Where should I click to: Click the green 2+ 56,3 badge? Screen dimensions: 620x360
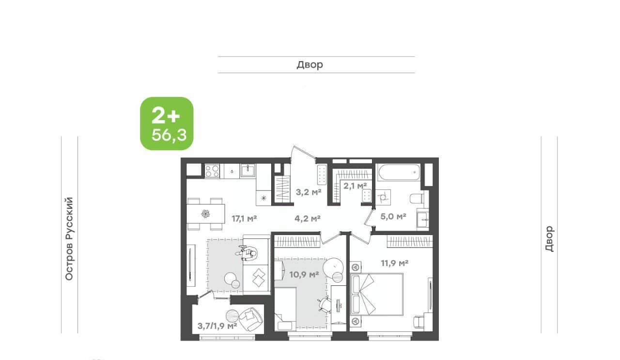(x=167, y=124)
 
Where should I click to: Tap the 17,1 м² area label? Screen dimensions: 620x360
(x=245, y=219)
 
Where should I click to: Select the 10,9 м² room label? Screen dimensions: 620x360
(x=304, y=275)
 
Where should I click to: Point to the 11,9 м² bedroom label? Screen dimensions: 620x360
(x=394, y=263)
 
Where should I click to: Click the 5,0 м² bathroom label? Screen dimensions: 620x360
(x=393, y=216)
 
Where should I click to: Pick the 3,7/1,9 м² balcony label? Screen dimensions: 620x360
(x=217, y=326)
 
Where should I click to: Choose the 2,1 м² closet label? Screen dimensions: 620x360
(x=355, y=186)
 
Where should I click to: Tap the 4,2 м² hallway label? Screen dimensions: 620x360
(x=308, y=219)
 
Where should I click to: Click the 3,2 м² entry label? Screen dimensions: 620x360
(x=309, y=192)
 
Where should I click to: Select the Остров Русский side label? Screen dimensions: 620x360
(x=69, y=239)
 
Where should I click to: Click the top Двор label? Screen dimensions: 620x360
(x=310, y=65)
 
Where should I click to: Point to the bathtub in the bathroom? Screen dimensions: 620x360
(x=399, y=172)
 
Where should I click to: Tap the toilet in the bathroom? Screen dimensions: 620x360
(x=417, y=199)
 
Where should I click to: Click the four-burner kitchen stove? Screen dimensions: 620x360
(x=212, y=171)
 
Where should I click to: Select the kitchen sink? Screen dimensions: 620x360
(x=248, y=170)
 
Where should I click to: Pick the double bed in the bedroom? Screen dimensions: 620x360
(x=376, y=294)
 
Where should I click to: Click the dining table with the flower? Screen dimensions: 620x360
(x=205, y=214)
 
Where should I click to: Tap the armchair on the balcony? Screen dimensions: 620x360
(x=250, y=318)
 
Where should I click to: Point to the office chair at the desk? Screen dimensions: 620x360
(x=325, y=305)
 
